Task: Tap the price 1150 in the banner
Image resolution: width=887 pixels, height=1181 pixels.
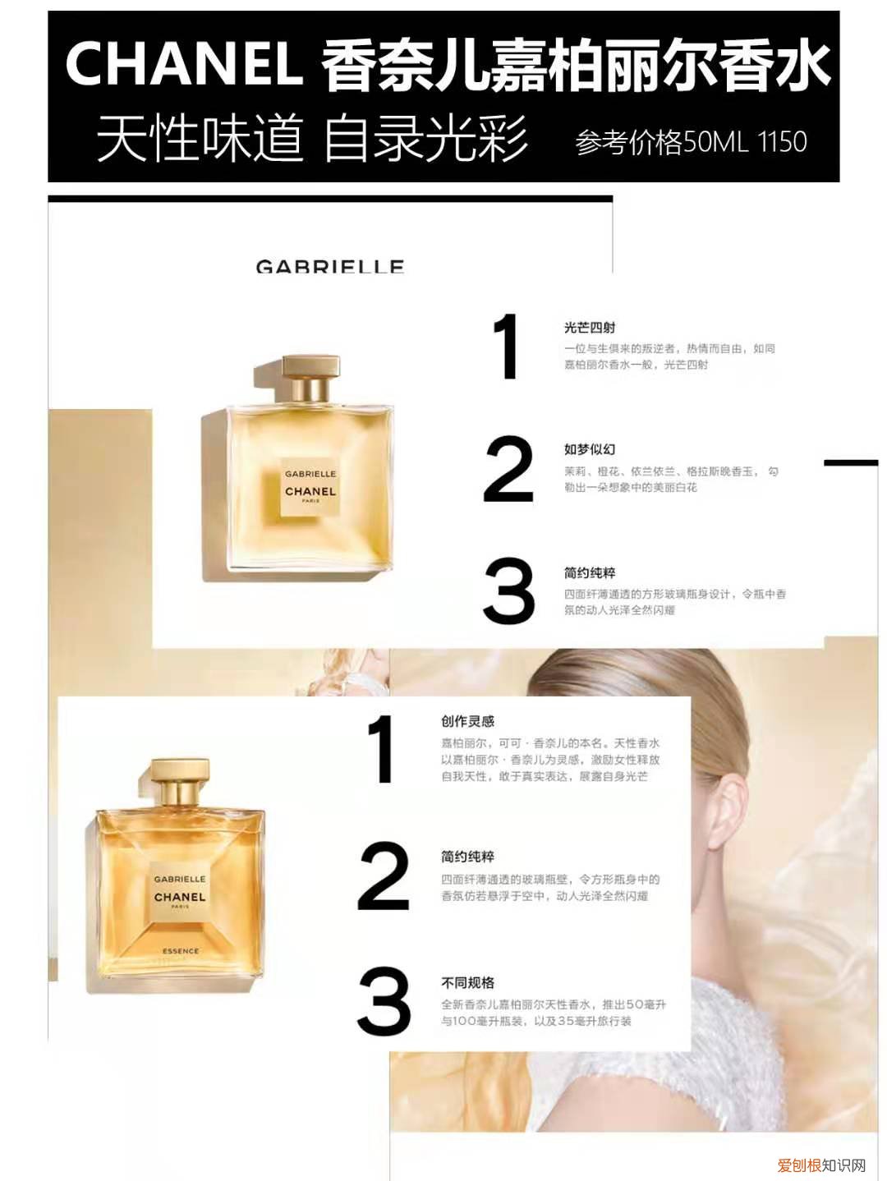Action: click(782, 142)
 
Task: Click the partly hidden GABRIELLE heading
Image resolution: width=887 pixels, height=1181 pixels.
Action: click(329, 266)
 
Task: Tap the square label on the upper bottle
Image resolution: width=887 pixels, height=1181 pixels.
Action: click(310, 486)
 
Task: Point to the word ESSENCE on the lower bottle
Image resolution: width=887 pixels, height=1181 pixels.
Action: click(180, 951)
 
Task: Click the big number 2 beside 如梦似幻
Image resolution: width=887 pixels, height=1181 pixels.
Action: click(508, 469)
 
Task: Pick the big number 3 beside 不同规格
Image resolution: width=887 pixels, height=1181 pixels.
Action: click(384, 1001)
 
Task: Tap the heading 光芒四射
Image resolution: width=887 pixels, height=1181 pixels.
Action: click(589, 327)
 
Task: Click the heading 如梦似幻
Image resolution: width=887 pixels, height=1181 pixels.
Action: click(589, 449)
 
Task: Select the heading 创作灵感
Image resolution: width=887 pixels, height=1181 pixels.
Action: click(467, 721)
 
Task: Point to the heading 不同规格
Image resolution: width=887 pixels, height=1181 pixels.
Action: click(467, 982)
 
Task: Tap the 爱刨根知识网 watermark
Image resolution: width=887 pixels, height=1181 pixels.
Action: click(821, 1165)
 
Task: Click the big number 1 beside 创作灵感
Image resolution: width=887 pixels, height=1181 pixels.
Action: click(382, 748)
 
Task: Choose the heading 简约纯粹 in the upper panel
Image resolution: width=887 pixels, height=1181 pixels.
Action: click(589, 572)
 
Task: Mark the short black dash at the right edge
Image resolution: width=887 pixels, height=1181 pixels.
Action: click(851, 463)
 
